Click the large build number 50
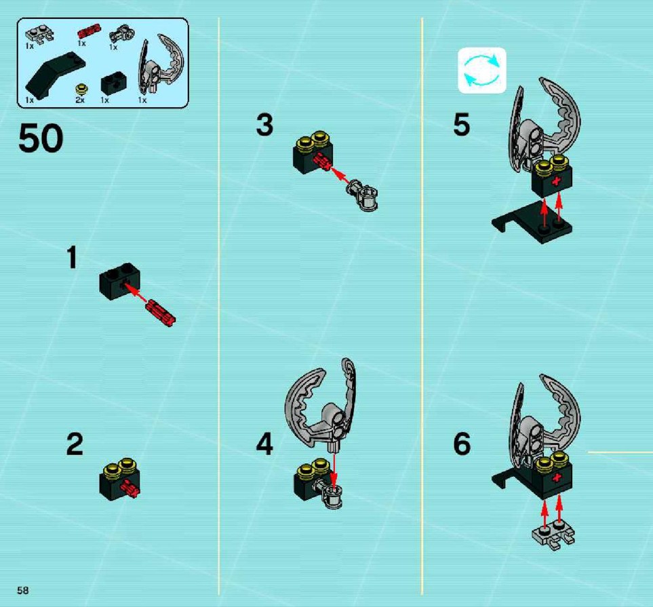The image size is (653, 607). pyautogui.click(x=41, y=138)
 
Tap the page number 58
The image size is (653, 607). pyautogui.click(x=23, y=590)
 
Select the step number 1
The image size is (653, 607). pyautogui.click(x=72, y=257)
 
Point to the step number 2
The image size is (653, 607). pyautogui.click(x=75, y=444)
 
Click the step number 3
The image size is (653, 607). pyautogui.click(x=265, y=125)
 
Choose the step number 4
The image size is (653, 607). pyautogui.click(x=264, y=444)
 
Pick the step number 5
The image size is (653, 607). pyautogui.click(x=461, y=124)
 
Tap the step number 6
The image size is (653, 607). pyautogui.click(x=462, y=444)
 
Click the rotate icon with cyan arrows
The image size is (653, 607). pyautogui.click(x=482, y=70)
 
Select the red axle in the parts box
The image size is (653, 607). pyautogui.click(x=89, y=31)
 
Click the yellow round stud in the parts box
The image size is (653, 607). pyautogui.click(x=81, y=89)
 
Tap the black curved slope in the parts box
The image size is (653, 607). pyautogui.click(x=55, y=75)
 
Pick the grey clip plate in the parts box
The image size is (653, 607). pyautogui.click(x=39, y=35)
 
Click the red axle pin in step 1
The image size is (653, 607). pyautogui.click(x=161, y=313)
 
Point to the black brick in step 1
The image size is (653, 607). pyautogui.click(x=119, y=281)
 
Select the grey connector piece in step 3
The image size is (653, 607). pyautogui.click(x=362, y=195)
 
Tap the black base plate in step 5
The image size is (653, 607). pyautogui.click(x=532, y=222)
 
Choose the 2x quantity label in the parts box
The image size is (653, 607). pyautogui.click(x=80, y=100)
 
